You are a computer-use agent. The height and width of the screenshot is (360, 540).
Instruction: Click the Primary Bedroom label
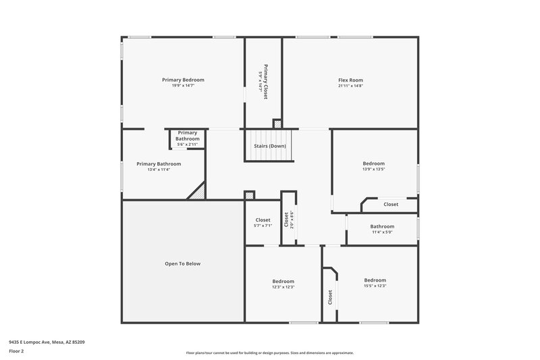[x=183, y=80]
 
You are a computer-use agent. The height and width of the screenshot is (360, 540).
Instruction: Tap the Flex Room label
[x=350, y=80]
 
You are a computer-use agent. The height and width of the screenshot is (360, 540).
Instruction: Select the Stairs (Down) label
[x=269, y=146]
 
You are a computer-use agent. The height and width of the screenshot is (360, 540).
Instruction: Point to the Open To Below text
[x=183, y=263]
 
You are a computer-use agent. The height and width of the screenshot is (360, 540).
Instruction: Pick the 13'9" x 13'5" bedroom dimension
[x=373, y=170]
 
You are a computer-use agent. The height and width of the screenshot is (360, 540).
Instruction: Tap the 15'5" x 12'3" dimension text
[x=375, y=286]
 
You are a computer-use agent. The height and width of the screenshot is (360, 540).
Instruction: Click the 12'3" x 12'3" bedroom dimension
[x=283, y=287]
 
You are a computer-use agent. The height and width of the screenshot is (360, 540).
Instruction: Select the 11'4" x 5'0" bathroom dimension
[x=381, y=232]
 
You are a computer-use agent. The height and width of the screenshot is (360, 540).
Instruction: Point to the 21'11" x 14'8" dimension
[x=350, y=86]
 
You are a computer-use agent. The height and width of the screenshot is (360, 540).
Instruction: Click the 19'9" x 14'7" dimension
[x=183, y=86]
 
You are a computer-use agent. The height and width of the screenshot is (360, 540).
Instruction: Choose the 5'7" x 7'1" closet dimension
[x=263, y=226]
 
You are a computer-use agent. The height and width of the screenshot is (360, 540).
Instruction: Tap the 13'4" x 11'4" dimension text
[x=159, y=170]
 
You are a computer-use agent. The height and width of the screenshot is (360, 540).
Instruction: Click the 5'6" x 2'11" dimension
[x=187, y=145]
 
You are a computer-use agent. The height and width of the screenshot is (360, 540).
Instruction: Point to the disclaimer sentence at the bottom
[x=269, y=353]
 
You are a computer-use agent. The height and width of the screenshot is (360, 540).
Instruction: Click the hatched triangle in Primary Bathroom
[x=197, y=192]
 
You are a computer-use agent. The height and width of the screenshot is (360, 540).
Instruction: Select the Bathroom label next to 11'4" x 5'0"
[x=381, y=226]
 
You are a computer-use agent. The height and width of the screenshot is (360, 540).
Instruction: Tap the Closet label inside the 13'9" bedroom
[x=391, y=204]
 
